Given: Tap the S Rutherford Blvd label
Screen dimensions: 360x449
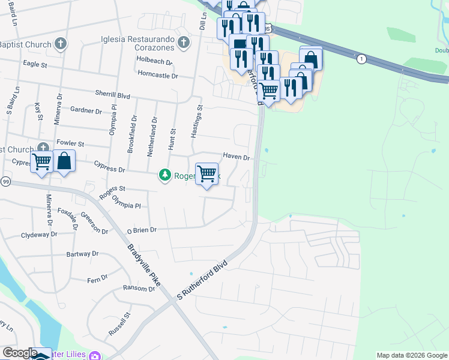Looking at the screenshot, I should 203,280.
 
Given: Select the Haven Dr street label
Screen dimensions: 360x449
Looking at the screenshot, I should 236,157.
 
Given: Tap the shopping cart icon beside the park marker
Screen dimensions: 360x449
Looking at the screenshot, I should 207,174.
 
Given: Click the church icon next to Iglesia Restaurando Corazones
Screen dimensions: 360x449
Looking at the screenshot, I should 184,42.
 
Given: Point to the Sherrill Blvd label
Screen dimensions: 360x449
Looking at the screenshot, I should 112,95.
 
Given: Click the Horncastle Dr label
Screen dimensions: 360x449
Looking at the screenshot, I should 158,76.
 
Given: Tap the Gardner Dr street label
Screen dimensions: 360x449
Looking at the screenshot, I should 86,110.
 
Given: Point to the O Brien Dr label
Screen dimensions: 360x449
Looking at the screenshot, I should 142,230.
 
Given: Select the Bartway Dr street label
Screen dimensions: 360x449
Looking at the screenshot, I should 82,254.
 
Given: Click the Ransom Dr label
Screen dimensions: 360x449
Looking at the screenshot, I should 139,289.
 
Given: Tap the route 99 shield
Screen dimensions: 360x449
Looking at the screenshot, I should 5,181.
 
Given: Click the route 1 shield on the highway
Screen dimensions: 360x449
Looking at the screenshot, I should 361,59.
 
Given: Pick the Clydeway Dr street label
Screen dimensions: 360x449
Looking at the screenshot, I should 38,235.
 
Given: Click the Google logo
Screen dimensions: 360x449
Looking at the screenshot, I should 20,353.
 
